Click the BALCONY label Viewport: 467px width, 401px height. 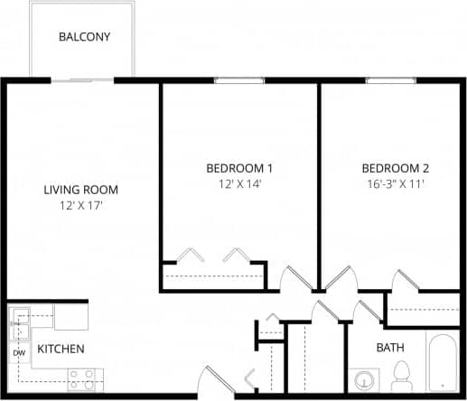[x=84, y=37]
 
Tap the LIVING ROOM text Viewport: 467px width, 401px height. [x=81, y=190]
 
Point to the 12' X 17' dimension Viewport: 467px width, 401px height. [x=81, y=206]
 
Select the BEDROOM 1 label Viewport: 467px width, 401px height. [x=239, y=168]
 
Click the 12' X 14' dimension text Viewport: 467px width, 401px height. [x=239, y=183]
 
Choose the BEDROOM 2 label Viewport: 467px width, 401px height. [x=395, y=168]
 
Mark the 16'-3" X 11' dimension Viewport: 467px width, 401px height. [x=395, y=183]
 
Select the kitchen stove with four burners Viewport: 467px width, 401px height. [x=83, y=379]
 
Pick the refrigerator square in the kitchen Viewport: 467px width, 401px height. [x=70, y=317]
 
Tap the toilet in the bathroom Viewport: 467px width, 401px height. [x=402, y=375]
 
